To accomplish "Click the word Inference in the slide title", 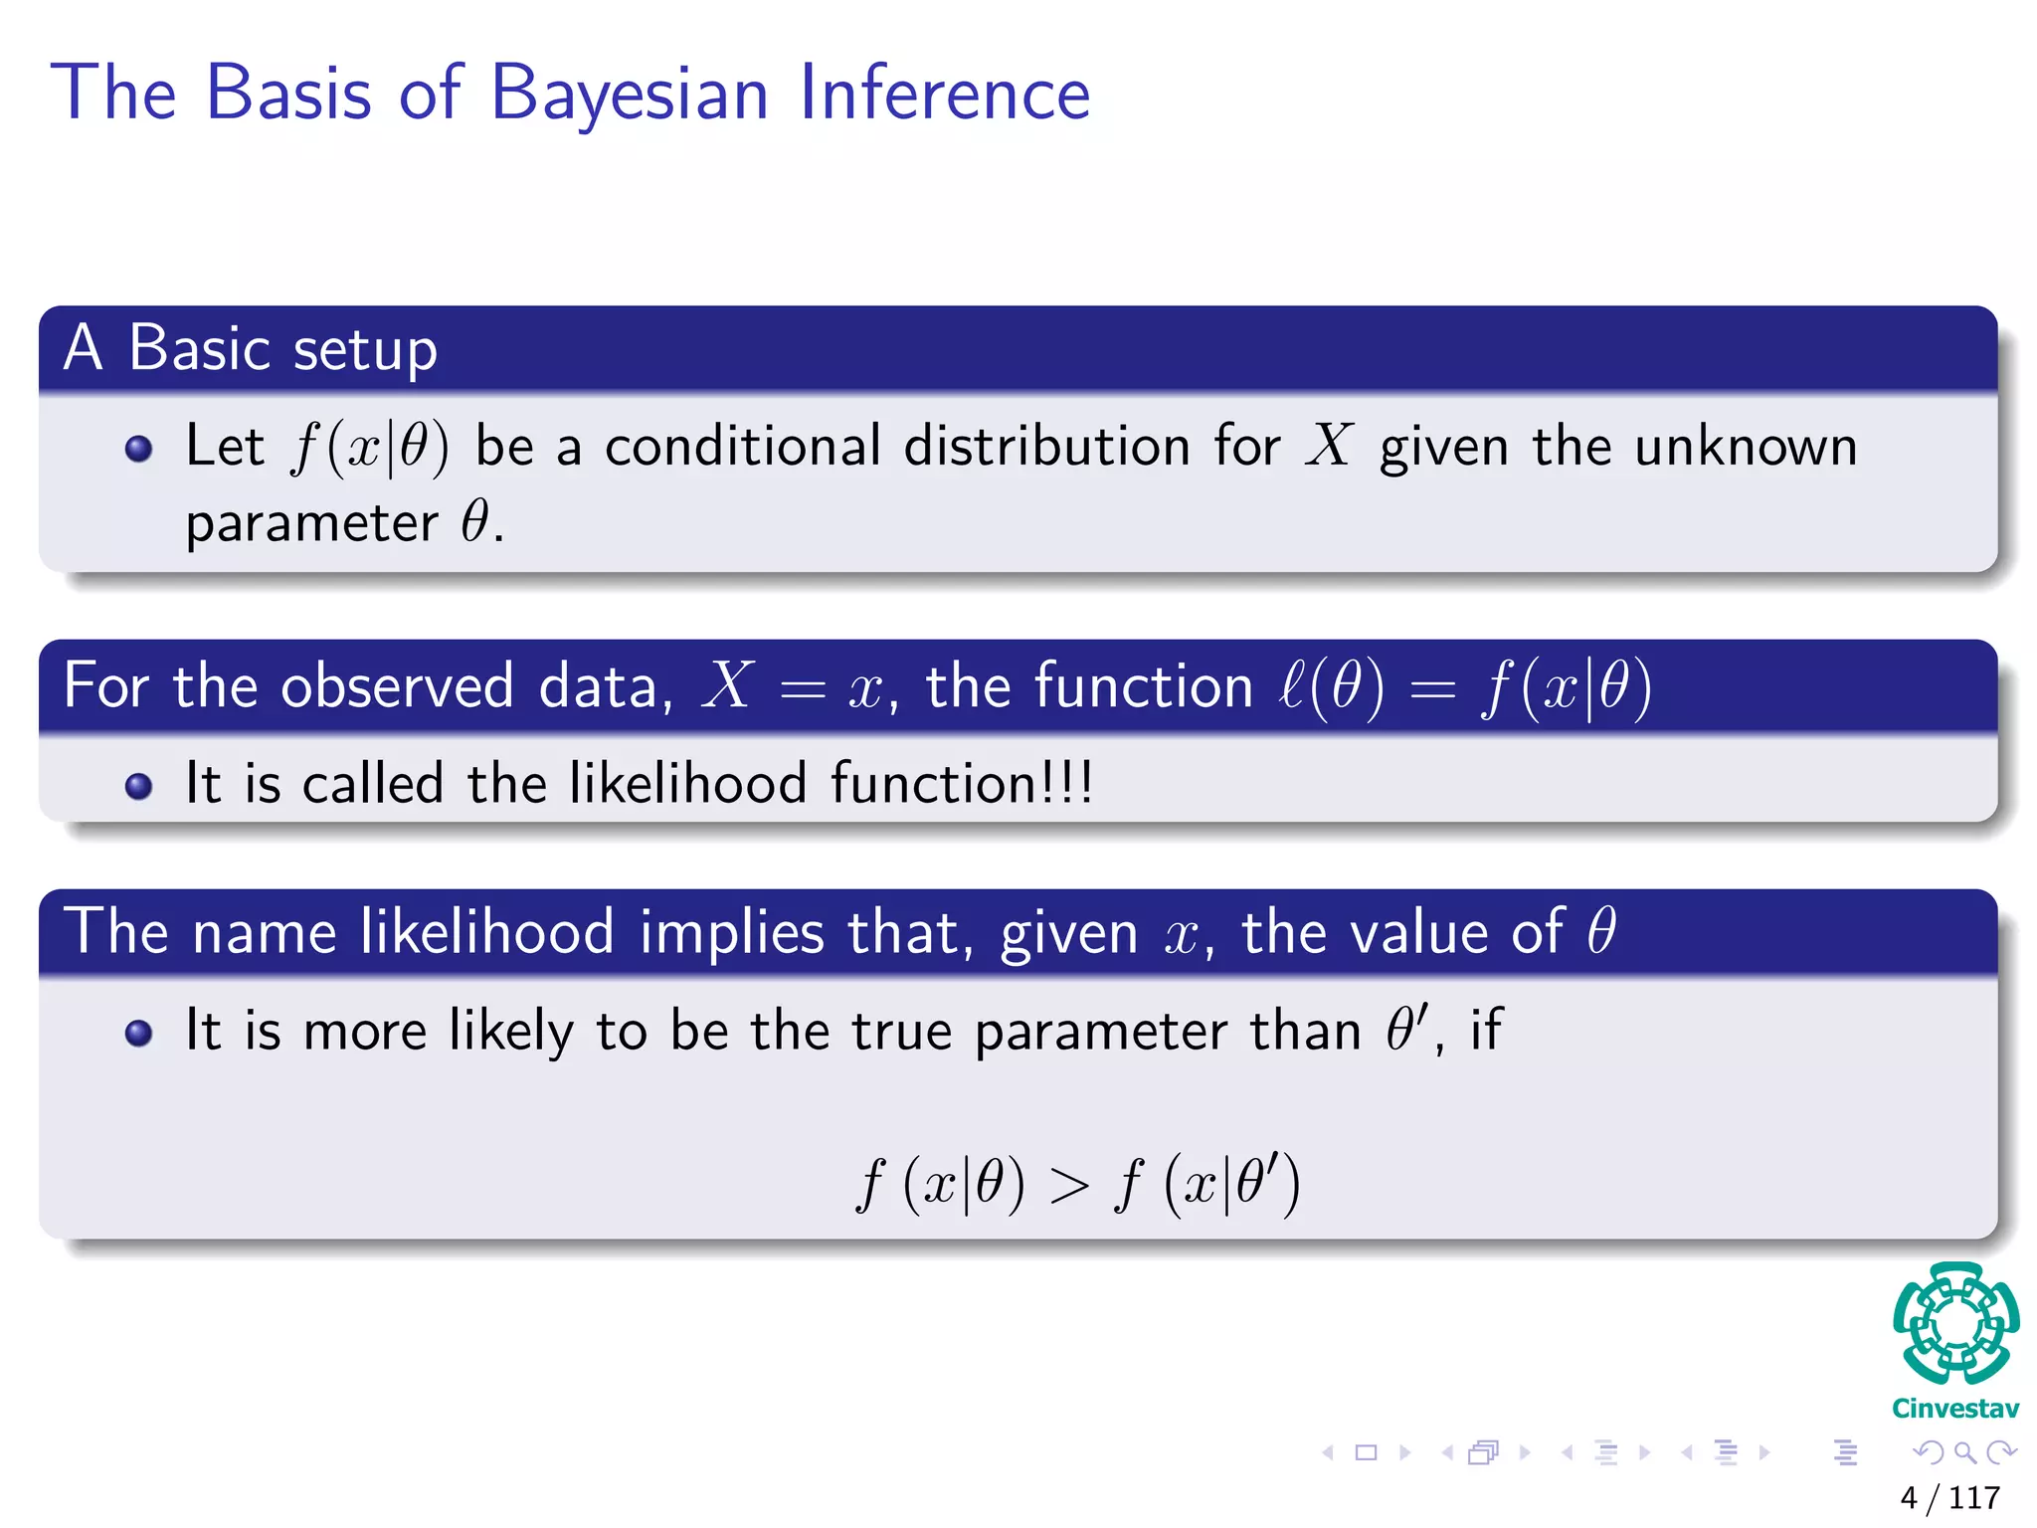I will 944,94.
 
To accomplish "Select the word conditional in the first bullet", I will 743,446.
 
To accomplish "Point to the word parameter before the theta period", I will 311,524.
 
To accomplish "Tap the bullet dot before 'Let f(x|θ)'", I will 139,449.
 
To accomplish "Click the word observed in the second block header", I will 397,686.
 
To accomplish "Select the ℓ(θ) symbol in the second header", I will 1331,686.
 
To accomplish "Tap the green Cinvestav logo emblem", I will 1955,1324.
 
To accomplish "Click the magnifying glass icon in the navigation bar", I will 1964,1452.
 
